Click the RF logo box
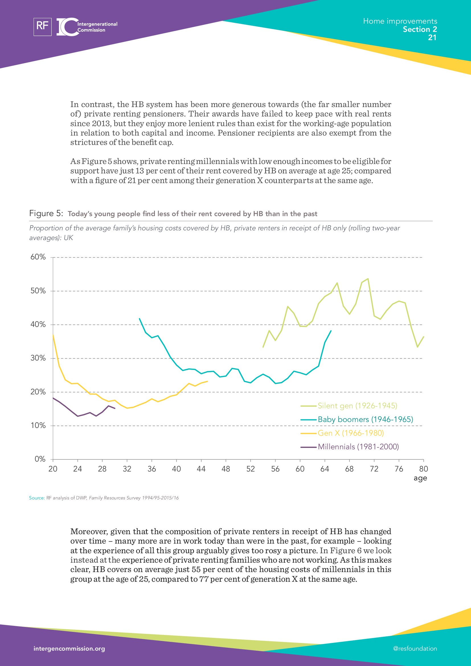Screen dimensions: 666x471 [43, 27]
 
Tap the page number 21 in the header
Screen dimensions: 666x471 [432, 37]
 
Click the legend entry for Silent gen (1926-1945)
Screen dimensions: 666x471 [357, 406]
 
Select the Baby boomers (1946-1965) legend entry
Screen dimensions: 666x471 [365, 419]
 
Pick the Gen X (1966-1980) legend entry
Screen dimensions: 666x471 [350, 433]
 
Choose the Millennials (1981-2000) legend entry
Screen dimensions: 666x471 [358, 447]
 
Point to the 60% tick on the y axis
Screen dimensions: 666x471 [38, 257]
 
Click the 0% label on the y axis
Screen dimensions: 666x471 [40, 459]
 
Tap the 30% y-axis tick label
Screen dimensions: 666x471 [38, 358]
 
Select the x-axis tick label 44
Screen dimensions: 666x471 [201, 469]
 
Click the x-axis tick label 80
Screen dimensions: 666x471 [423, 469]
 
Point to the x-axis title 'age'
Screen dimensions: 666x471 [420, 478]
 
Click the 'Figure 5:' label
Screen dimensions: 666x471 [46, 214]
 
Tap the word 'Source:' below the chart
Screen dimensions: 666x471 [37, 498]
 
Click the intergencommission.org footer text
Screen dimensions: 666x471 [69, 649]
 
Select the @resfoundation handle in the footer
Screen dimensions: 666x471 [415, 649]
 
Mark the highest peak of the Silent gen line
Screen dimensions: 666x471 [368, 279]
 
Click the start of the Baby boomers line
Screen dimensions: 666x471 [140, 319]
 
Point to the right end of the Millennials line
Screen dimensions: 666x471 [115, 408]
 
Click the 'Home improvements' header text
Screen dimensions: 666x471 [400, 21]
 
